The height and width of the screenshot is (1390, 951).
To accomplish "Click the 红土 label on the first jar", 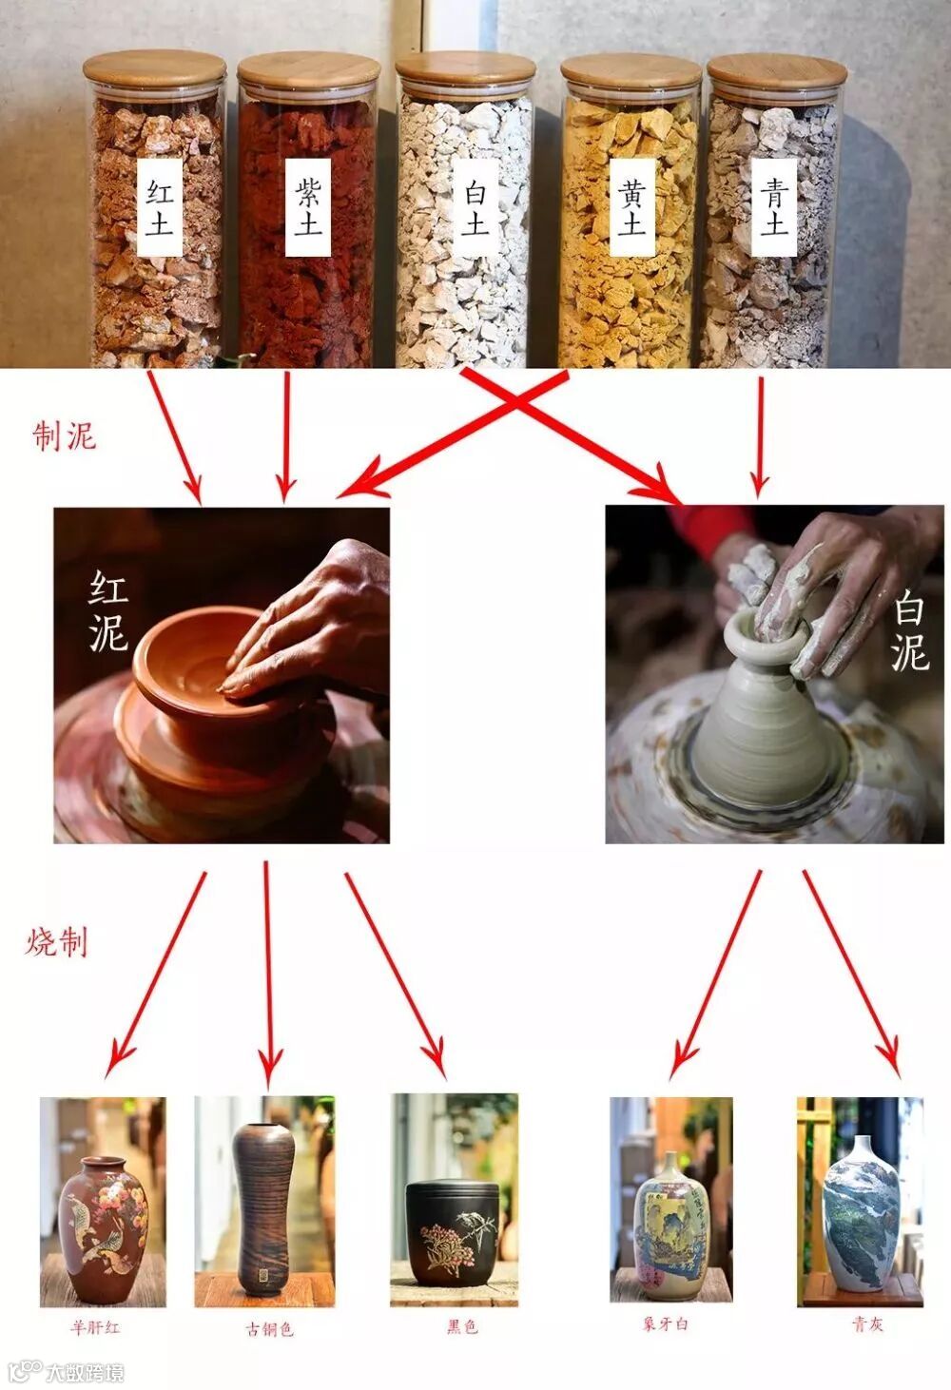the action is pyautogui.click(x=160, y=208).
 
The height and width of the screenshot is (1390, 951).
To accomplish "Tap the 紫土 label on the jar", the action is pyautogui.click(x=308, y=208).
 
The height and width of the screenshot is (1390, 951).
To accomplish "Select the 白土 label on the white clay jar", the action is pyautogui.click(x=475, y=208).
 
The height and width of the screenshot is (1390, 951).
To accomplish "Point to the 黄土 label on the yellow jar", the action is pyautogui.click(x=631, y=208).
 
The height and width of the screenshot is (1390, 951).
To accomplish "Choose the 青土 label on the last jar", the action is pyautogui.click(x=774, y=208).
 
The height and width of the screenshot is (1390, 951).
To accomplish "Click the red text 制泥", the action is pyautogui.click(x=65, y=436).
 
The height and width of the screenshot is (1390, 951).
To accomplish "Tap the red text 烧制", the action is pyautogui.click(x=56, y=1129).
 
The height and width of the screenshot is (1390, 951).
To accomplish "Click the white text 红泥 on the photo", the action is pyautogui.click(x=108, y=611).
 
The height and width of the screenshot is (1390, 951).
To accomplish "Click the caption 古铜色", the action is pyautogui.click(x=269, y=1328).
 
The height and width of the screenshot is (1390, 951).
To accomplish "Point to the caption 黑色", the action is pyautogui.click(x=462, y=1326).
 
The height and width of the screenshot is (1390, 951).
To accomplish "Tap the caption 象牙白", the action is pyautogui.click(x=666, y=1323).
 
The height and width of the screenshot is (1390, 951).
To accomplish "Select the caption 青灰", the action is pyautogui.click(x=868, y=1324).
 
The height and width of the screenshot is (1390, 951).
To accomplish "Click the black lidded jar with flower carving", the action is pyautogui.click(x=453, y=1229).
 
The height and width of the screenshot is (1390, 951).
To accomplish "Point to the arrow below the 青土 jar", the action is pyautogui.click(x=760, y=437).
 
